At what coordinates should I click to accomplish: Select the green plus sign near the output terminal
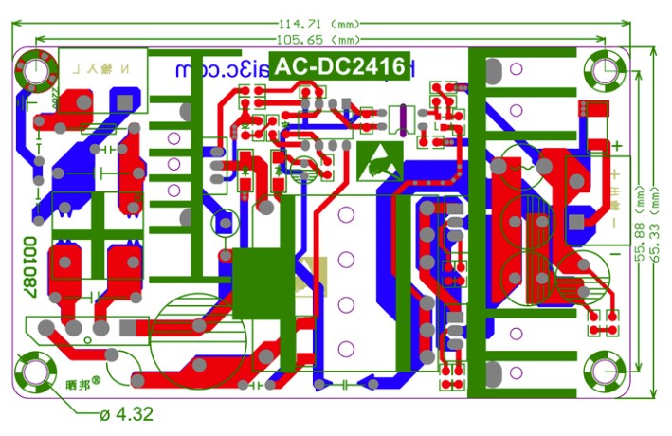[616, 146]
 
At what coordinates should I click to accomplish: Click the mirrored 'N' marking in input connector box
[133, 69]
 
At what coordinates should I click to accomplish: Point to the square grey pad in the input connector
[124, 99]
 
